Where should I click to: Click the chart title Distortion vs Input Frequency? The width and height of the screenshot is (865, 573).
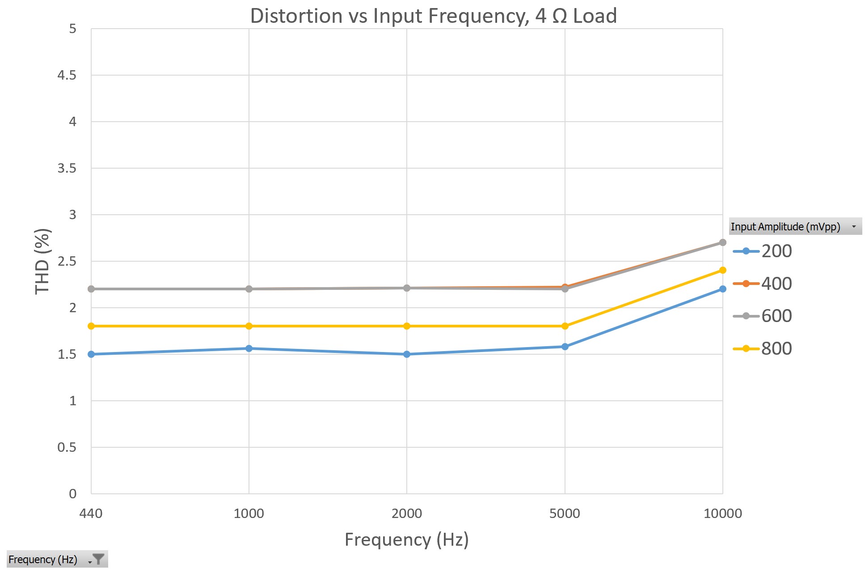pos(433,16)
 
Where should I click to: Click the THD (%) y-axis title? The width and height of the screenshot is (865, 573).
pos(43,261)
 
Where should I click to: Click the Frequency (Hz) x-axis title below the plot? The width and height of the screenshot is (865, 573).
pos(406,539)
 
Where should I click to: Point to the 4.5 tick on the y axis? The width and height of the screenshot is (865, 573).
pos(67,75)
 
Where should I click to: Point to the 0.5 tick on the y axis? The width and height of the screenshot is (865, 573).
pos(67,447)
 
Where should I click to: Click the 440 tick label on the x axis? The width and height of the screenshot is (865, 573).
pos(91,513)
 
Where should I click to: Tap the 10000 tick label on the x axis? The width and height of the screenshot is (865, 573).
pos(722,513)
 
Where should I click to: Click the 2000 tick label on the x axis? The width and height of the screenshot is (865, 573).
pos(406,513)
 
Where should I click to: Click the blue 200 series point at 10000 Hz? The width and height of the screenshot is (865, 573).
pos(722,289)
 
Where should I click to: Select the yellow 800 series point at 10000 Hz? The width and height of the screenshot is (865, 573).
pos(722,270)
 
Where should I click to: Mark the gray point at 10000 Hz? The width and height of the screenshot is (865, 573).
pos(722,242)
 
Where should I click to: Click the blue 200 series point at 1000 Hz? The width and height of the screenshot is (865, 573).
pos(249,348)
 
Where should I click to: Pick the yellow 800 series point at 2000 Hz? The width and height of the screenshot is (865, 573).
pos(407,326)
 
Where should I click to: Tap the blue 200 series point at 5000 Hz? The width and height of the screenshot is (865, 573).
pos(565,347)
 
